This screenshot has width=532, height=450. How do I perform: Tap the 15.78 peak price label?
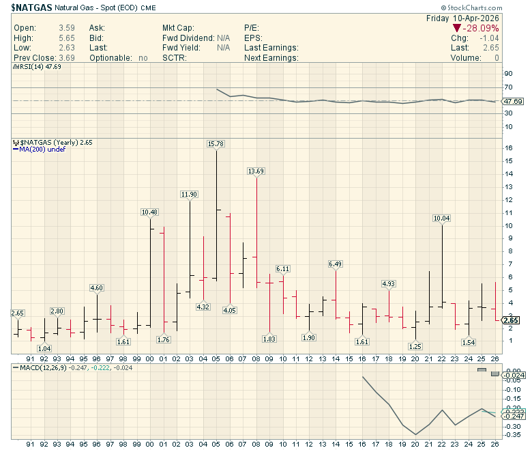point(216,143)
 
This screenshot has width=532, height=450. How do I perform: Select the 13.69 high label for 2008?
point(256,171)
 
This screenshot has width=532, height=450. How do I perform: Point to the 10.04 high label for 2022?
point(442,219)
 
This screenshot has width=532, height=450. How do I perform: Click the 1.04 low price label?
point(44,348)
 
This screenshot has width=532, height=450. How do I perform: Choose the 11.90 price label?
point(190,195)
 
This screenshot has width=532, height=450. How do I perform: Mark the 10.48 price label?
point(150,212)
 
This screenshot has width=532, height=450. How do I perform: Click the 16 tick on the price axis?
point(507,148)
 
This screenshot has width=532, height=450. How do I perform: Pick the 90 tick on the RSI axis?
point(507,74)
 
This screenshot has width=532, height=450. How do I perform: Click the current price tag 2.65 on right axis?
point(511,320)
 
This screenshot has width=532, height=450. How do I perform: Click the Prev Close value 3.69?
point(62,58)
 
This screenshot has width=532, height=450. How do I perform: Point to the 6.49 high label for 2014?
point(336,264)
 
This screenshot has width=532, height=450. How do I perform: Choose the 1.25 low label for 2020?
point(415,346)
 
